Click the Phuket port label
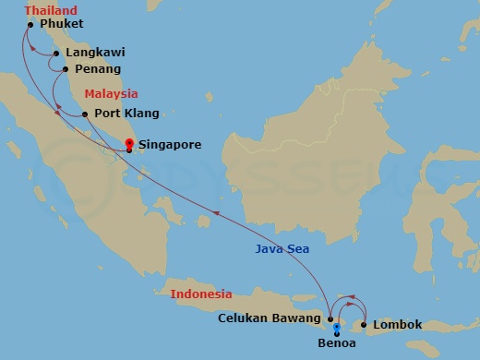[62, 23]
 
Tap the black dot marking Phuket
[31, 25]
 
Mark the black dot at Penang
[66, 68]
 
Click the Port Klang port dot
[85, 114]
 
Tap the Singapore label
[170, 145]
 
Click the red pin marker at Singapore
[128, 144]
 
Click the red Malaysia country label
[111, 93]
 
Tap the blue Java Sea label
[282, 249]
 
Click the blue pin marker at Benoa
[337, 329]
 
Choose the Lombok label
[399, 325]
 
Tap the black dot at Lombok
[365, 325]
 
